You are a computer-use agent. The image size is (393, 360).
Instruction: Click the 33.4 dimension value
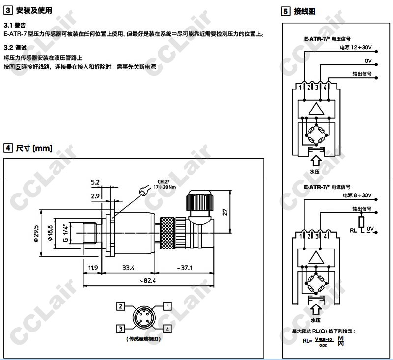128,268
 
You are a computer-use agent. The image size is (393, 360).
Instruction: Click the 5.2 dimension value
95,182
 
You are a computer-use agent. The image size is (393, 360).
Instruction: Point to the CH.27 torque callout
163,184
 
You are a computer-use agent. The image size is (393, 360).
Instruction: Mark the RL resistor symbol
361,221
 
